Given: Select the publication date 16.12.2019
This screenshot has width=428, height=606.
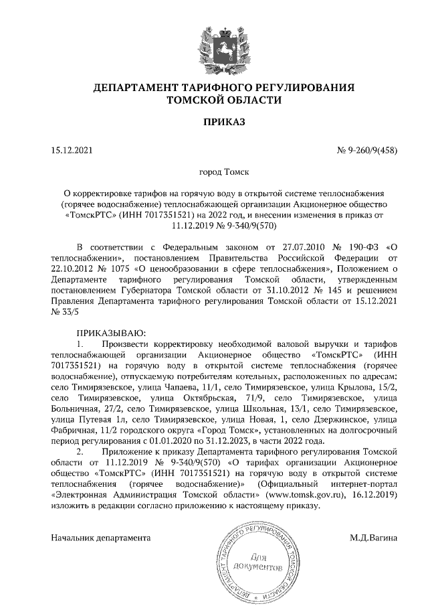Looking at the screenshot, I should coord(373,494).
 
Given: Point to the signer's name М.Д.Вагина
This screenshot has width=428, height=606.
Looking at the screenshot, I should coord(373,537).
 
